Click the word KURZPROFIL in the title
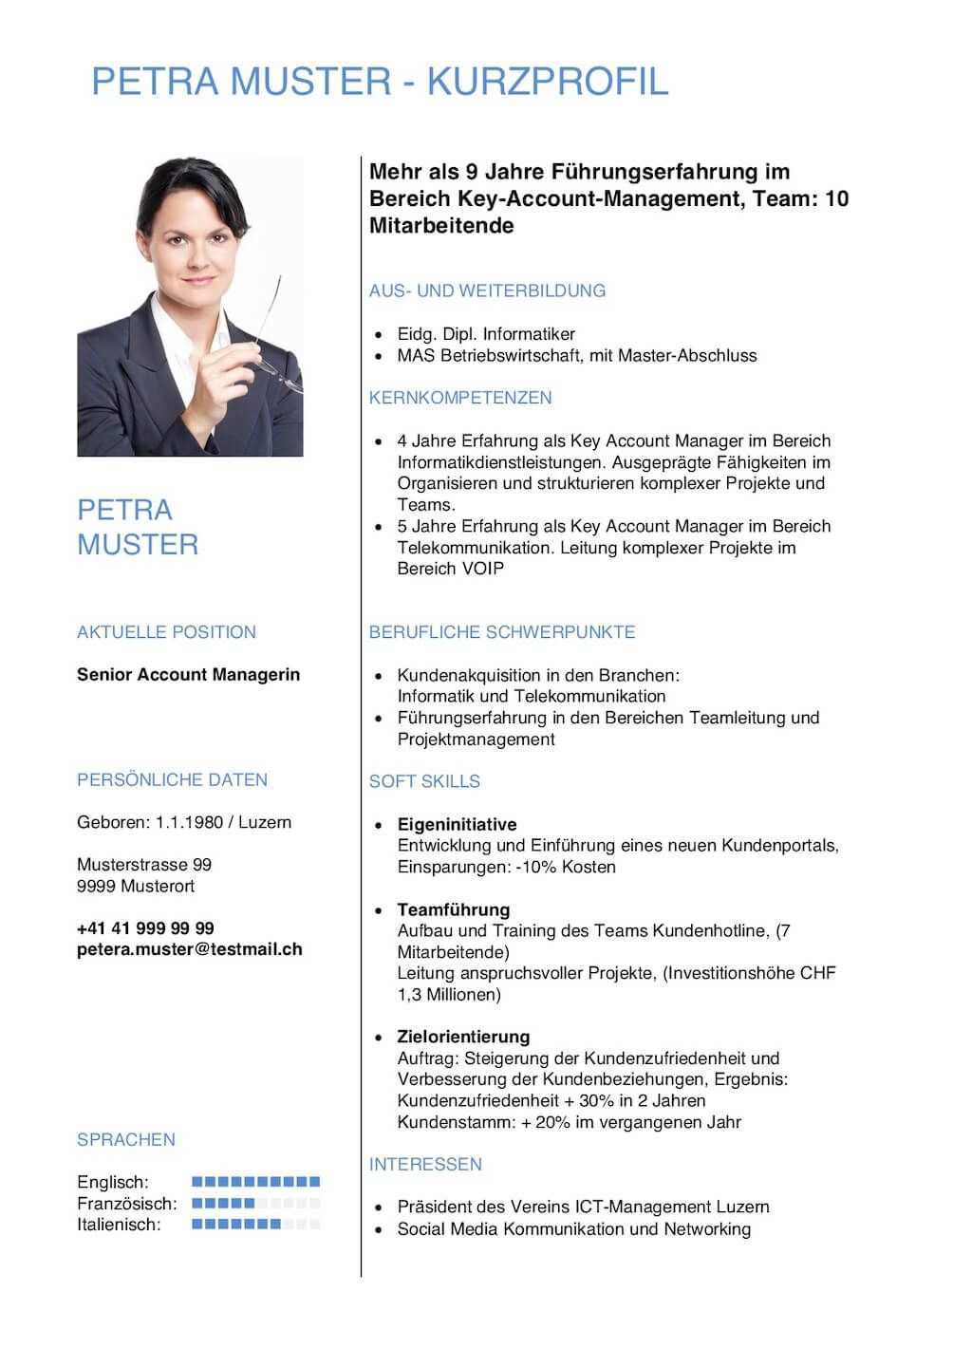click(548, 83)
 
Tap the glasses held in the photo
click(278, 337)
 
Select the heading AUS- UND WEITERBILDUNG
click(487, 290)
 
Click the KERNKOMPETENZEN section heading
click(460, 398)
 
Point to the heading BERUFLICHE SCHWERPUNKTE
click(502, 632)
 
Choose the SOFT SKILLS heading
click(424, 781)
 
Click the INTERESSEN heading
click(425, 1164)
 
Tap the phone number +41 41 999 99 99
click(145, 928)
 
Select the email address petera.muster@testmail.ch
click(190, 949)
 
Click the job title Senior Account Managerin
click(188, 675)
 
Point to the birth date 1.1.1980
click(189, 822)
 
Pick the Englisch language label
click(113, 1182)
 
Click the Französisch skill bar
click(256, 1204)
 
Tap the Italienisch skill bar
click(256, 1225)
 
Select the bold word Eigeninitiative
click(457, 824)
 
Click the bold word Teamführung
click(454, 909)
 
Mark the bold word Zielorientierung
click(463, 1037)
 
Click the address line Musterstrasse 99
click(144, 865)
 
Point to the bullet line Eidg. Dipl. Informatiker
click(486, 334)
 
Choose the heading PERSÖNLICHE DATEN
click(172, 780)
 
